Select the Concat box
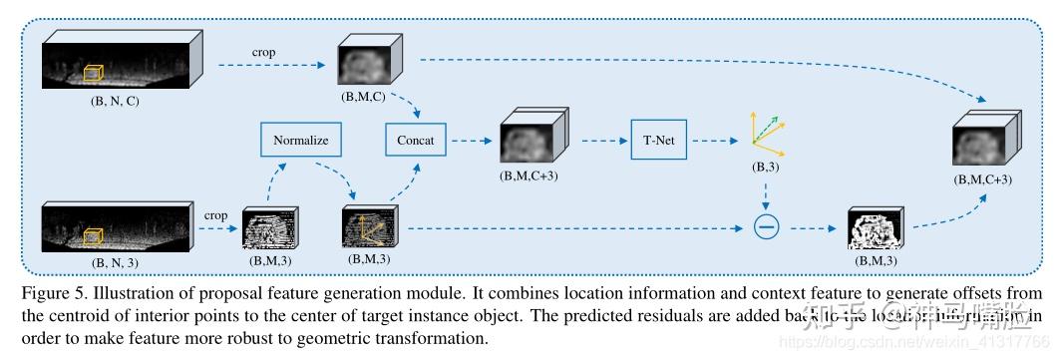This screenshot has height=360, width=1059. (414, 141)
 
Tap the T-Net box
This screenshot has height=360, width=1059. (659, 141)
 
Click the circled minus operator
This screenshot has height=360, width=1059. (766, 228)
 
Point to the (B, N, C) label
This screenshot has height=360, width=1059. (113, 100)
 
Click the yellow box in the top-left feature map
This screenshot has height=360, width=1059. (94, 74)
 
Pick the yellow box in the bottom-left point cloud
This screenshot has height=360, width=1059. (93, 236)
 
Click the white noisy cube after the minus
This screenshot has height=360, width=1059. (876, 228)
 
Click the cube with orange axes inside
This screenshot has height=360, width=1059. (369, 227)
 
